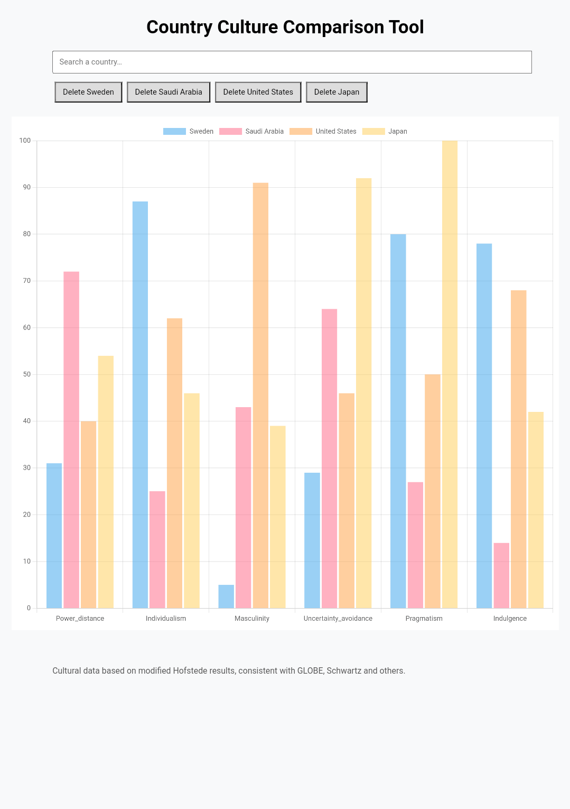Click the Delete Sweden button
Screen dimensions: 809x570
pos(88,92)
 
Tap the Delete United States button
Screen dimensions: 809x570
pos(258,92)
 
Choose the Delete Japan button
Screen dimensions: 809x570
pos(337,92)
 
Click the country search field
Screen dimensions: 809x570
pos(292,62)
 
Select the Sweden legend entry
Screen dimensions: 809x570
pos(189,132)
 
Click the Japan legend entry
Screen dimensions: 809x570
pos(385,132)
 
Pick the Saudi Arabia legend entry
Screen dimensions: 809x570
pos(251,132)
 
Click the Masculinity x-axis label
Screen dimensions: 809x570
pos(252,619)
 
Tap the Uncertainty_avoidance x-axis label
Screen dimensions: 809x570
pos(338,619)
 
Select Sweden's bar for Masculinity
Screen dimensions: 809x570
pos(226,596)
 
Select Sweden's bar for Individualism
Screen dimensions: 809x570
pos(140,404)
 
